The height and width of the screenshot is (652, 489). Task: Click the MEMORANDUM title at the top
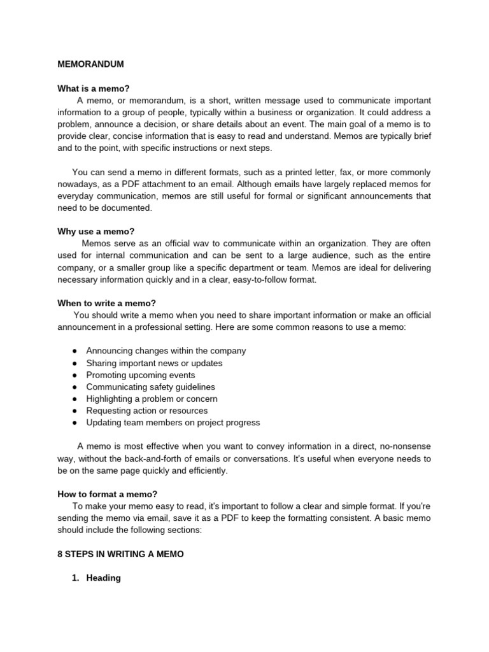click(x=90, y=64)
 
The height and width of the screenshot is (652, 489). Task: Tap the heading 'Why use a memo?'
click(x=96, y=231)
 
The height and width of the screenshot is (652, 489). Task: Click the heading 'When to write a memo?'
click(x=106, y=303)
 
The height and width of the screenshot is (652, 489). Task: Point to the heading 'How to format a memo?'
click(x=107, y=494)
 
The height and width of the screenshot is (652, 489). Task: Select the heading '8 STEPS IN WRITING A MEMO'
click(x=120, y=555)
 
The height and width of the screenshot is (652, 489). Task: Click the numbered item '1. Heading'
click(x=96, y=578)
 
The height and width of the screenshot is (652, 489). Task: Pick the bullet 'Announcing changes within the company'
click(x=166, y=351)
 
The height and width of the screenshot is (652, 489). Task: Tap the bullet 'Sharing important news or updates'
click(x=154, y=363)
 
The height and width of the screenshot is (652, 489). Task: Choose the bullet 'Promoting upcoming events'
click(x=140, y=375)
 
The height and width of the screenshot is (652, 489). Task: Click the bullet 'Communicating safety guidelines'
click(x=150, y=387)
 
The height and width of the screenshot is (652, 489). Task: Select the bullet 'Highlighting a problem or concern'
click(x=152, y=399)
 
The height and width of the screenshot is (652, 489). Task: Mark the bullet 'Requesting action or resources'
click(x=146, y=411)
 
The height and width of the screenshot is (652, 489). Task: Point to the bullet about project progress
click(x=173, y=423)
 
